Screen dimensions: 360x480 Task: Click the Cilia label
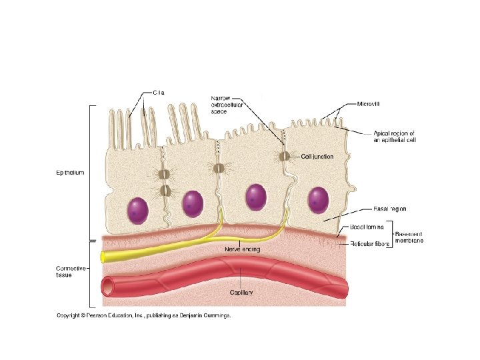pyautogui.click(x=159, y=93)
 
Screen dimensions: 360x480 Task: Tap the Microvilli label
pyautogui.click(x=369, y=105)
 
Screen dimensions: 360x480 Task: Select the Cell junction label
pyautogui.click(x=317, y=157)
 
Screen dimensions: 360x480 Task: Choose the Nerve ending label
pyautogui.click(x=242, y=249)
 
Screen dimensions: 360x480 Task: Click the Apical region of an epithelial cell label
pyautogui.click(x=393, y=137)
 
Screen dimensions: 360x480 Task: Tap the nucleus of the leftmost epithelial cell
pyautogui.click(x=139, y=209)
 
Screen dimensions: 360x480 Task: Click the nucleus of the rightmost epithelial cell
pyautogui.click(x=317, y=199)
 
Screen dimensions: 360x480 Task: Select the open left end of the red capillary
pyautogui.click(x=107, y=287)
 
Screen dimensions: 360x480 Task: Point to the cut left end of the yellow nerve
pyautogui.click(x=102, y=257)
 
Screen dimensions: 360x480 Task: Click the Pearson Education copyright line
pyautogui.click(x=143, y=315)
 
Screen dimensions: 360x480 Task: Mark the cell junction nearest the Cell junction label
pyautogui.click(x=284, y=157)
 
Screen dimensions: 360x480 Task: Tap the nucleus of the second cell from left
pyautogui.click(x=193, y=203)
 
